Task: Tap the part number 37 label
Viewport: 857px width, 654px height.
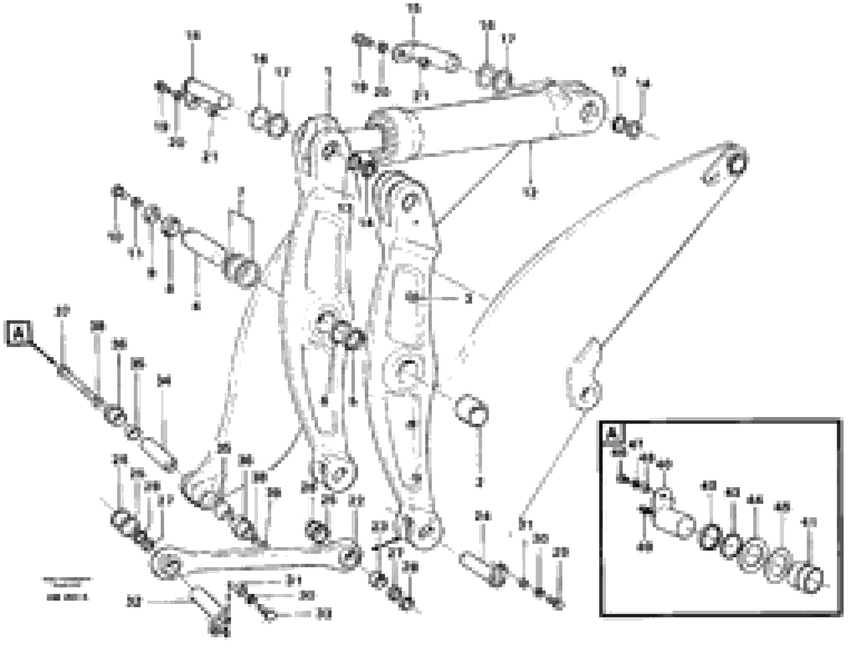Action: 62,312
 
